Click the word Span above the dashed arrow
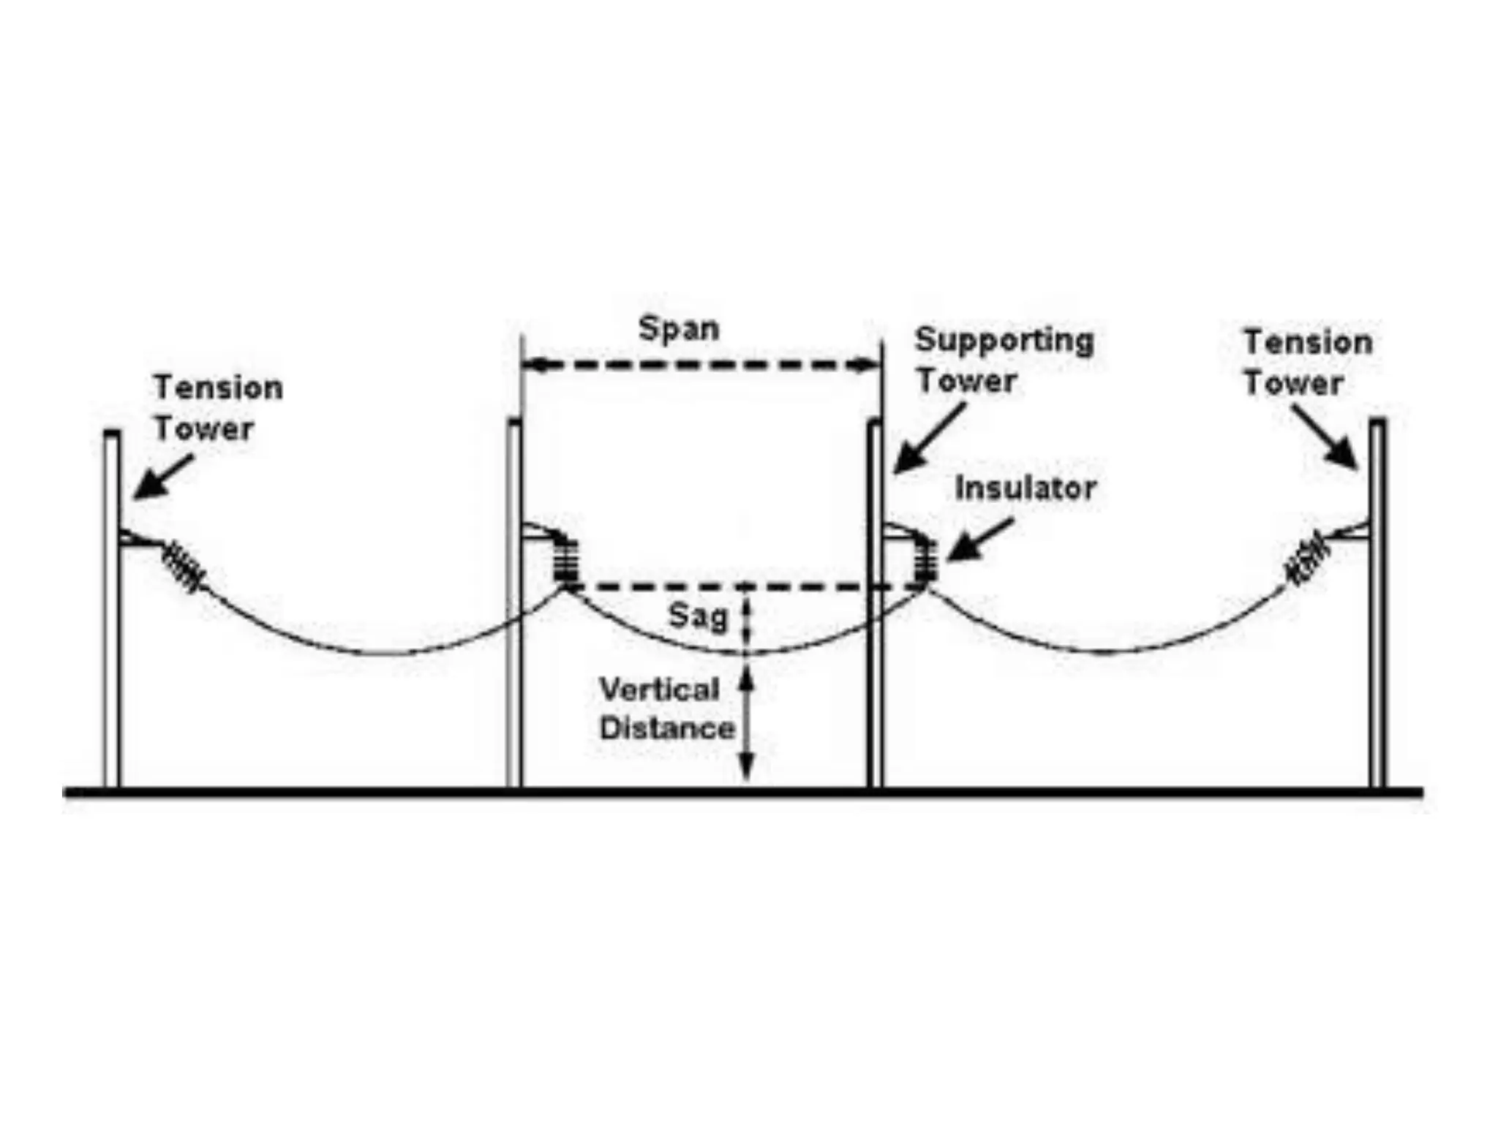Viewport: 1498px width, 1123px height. (679, 329)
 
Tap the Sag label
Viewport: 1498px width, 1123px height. (699, 616)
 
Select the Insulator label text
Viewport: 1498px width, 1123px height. (1025, 488)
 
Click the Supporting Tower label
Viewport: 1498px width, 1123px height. (1004, 360)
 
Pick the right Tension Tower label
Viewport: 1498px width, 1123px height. (1308, 363)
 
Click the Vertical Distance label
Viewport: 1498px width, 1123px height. (666, 709)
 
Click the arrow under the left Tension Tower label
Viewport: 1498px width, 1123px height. (164, 477)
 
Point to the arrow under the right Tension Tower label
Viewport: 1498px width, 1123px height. (1325, 437)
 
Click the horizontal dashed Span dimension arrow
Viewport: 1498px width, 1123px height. (702, 364)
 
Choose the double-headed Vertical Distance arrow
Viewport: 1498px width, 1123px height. (745, 724)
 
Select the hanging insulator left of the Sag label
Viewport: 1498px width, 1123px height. (566, 561)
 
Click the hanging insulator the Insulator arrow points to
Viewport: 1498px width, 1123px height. (927, 561)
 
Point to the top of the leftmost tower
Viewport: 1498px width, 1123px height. (112, 434)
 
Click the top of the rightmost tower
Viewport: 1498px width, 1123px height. (1377, 423)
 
